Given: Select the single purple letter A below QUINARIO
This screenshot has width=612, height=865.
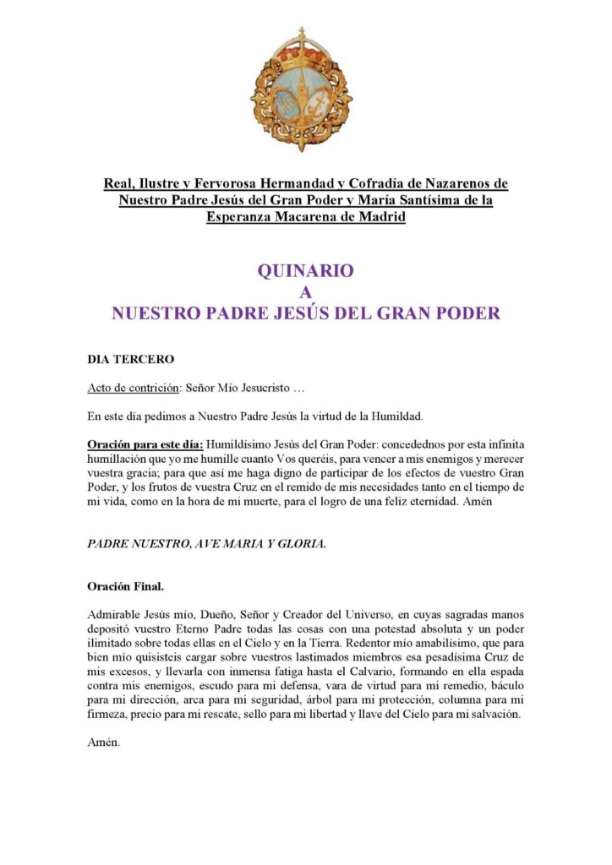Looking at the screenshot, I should click(x=306, y=292).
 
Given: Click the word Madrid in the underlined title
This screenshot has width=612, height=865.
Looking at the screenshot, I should click(x=380, y=217).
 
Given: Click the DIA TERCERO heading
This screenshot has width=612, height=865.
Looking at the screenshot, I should click(x=131, y=359).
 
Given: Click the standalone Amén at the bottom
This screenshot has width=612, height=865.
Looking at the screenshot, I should click(x=104, y=744).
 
